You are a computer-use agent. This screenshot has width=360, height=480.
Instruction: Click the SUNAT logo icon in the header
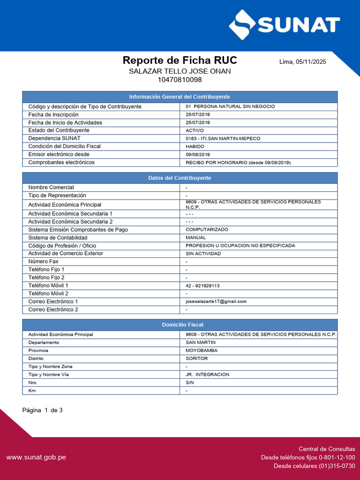point(242,25)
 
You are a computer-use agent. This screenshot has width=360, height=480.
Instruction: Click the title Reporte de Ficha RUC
point(180,60)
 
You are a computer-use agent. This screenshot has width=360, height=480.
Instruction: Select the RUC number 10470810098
point(180,80)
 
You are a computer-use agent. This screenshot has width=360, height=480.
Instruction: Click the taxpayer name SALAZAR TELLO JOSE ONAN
point(180,71)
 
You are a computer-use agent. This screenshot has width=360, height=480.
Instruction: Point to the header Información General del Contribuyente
point(180,97)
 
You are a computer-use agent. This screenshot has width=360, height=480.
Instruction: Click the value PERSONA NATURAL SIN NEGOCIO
point(234,106)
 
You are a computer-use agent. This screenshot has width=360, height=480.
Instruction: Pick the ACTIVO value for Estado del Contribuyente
point(195,130)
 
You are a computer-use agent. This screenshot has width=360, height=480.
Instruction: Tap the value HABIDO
point(195,146)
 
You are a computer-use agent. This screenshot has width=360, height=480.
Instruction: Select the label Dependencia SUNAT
point(54,138)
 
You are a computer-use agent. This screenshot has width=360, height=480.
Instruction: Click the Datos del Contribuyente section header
point(180,178)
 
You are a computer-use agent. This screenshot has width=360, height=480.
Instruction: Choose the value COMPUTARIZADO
point(207,230)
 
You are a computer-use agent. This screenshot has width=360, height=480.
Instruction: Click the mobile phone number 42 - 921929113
point(202,285)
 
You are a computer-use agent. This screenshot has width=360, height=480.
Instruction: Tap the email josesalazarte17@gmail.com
point(216,301)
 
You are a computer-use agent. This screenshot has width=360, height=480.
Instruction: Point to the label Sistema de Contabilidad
point(58,238)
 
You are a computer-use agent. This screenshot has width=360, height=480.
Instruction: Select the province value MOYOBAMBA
point(202,351)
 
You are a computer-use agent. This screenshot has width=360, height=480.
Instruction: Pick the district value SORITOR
point(196,359)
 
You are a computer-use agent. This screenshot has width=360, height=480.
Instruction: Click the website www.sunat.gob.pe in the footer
point(36,457)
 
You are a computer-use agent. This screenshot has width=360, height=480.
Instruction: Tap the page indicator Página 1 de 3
point(42,410)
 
